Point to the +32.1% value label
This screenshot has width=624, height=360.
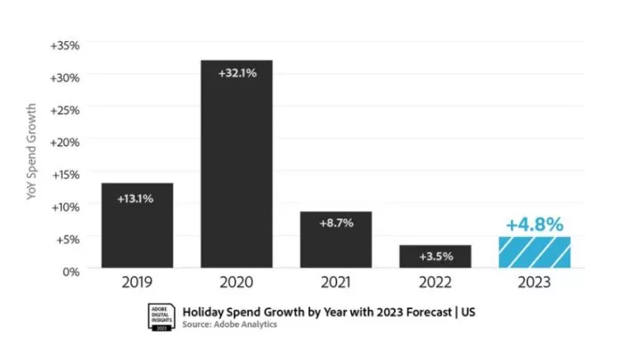pos(236,73)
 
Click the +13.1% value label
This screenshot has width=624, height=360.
pos(136,198)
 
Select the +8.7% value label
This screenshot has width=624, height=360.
pos(336,223)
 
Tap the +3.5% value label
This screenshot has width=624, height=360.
pos(435,257)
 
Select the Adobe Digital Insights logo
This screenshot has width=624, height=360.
pos(160,317)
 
